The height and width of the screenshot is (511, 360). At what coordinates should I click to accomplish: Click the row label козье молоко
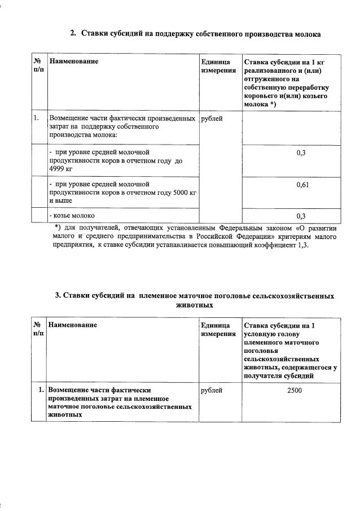pyautogui.click(x=72, y=215)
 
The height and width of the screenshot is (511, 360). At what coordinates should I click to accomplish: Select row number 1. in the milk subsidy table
pyautogui.click(x=37, y=118)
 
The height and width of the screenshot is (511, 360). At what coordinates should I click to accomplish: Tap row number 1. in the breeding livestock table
pyautogui.click(x=39, y=390)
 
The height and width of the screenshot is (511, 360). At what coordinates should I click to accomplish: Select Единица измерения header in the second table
pyautogui.click(x=218, y=330)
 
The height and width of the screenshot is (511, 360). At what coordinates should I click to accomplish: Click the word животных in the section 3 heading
pyautogui.click(x=194, y=304)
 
